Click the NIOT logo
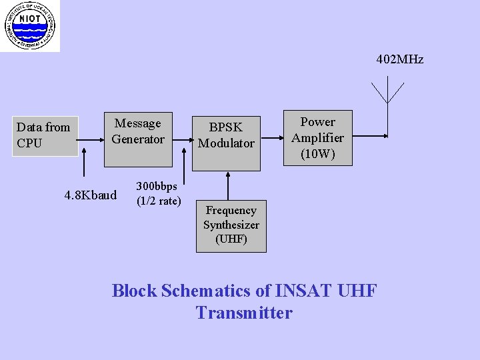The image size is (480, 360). point(29,25)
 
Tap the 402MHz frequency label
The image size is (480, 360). point(399,60)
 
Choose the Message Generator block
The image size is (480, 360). point(138,139)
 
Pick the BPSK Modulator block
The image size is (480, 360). point(226,135)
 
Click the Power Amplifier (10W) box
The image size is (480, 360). point(317,138)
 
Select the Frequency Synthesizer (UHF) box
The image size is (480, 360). point(231,226)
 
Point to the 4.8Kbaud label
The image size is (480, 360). point(91,195)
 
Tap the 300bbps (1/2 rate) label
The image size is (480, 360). point(159,193)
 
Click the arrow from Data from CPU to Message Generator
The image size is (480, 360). point(91,140)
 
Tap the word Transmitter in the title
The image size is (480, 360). point(244,313)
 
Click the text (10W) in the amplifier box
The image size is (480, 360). point(317,155)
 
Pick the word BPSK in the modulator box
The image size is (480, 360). point(226,127)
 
